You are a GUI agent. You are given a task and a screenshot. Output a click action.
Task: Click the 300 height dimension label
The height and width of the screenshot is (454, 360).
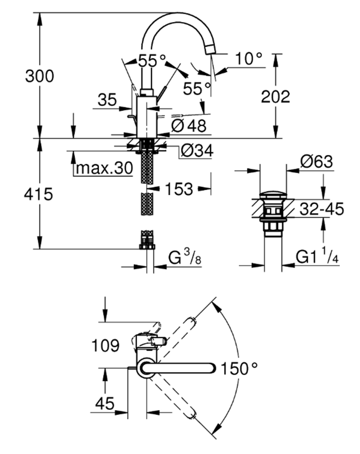click(x=39, y=77)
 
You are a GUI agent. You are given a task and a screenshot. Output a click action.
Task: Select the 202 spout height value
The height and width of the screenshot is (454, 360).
click(x=275, y=97)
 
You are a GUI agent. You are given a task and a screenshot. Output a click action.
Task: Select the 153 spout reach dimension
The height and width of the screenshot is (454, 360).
click(x=179, y=189)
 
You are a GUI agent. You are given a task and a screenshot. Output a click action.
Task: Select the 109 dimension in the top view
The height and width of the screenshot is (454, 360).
click(x=105, y=346)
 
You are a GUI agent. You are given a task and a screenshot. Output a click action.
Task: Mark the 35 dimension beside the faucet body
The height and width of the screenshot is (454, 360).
click(x=107, y=100)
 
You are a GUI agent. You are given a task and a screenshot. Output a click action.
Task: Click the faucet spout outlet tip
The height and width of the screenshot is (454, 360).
click(x=210, y=50)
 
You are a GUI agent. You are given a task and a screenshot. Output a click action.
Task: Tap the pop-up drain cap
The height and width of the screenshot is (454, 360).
click(x=273, y=196)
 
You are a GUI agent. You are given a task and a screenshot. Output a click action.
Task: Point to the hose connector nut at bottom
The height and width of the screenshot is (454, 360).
click(x=147, y=246)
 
